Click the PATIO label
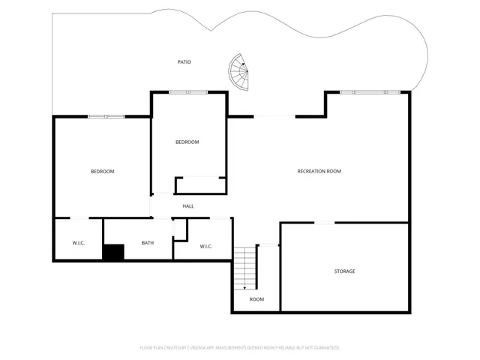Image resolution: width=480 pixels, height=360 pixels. pos(184,62)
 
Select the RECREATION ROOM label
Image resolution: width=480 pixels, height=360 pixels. pos(319,172)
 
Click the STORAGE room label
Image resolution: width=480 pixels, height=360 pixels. pos(344,271)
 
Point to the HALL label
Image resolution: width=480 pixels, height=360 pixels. pos(188,206)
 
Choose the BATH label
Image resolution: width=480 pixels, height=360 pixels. pos(148,242)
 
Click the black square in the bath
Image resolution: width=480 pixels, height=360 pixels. pos(113,253)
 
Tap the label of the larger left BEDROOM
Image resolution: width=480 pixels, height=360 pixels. pos(102,172)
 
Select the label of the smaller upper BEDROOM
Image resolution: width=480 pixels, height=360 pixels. pos(187,142)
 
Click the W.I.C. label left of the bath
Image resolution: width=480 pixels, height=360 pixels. pos(78,242)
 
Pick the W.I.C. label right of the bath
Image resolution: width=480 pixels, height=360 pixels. pos(206,247)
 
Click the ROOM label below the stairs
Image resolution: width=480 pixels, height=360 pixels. pos(256,299)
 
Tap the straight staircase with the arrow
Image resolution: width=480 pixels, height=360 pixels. pos(245,268)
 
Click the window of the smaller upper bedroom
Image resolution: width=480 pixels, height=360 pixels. pos(188,92)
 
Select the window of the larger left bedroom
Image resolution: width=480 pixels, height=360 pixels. pos(106,116)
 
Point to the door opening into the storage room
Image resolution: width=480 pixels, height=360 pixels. pos(324,223)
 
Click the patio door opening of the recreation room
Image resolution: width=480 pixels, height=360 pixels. pos(274,116)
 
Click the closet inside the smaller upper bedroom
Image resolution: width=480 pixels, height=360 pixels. pos(200,185)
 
